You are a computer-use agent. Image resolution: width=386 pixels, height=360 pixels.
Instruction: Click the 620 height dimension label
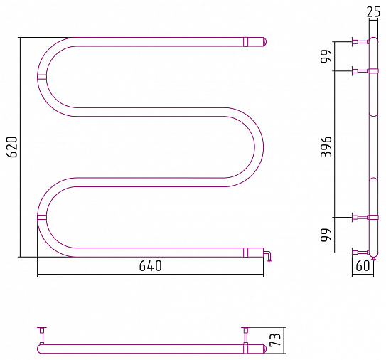pos(12,147)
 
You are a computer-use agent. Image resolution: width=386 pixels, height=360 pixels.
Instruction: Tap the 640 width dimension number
pos(151,266)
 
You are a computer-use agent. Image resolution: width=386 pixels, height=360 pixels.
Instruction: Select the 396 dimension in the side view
pos(326,147)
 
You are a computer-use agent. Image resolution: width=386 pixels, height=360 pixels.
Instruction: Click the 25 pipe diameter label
pos(373,11)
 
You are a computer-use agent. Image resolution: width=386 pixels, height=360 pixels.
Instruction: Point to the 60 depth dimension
pos(363,265)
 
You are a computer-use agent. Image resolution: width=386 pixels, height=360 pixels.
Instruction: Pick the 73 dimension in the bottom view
pos(276,339)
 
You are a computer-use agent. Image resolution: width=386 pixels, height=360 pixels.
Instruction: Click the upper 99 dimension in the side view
pos(326,56)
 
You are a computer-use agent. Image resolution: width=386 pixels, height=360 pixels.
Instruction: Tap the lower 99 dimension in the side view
pos(326,235)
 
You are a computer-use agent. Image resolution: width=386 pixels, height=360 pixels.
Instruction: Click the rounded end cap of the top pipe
pos(264,42)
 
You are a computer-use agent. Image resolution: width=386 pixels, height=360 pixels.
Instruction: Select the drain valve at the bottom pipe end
pos(267,256)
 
